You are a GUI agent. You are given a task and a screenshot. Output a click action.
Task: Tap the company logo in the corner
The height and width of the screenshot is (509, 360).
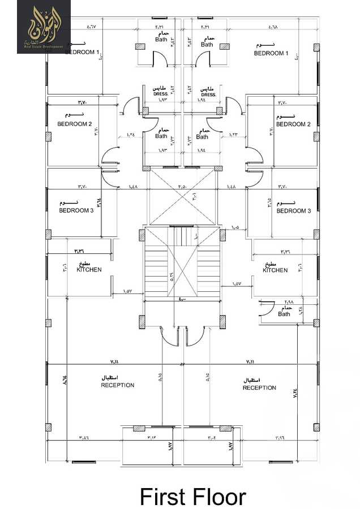(44, 27)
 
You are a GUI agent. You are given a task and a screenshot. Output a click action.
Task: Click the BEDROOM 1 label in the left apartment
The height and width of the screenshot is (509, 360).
(82, 52)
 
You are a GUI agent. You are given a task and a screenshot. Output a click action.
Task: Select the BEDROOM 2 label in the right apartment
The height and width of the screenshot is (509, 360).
(293, 124)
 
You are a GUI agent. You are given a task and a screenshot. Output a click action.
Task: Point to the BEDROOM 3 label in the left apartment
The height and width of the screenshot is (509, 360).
(76, 210)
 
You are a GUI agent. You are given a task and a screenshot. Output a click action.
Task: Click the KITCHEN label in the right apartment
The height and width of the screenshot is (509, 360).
(275, 270)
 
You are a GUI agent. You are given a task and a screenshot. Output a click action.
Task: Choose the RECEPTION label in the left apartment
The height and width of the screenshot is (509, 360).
(118, 385)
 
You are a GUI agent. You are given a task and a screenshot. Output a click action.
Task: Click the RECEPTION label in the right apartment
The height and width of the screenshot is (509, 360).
(259, 387)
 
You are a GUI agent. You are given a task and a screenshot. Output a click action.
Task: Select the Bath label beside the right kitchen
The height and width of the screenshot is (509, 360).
(284, 314)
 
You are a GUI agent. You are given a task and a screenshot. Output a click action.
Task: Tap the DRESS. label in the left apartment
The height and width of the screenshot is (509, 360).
(160, 94)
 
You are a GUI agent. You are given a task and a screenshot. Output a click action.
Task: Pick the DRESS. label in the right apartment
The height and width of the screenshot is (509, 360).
(208, 94)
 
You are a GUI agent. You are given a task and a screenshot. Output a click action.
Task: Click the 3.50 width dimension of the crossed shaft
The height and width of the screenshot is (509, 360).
(181, 187)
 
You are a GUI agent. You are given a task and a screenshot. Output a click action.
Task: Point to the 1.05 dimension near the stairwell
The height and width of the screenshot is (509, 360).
(235, 227)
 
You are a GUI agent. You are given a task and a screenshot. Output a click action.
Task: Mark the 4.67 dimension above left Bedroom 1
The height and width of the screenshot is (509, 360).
(92, 27)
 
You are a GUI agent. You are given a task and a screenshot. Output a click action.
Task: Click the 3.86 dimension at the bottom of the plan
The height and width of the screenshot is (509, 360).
(84, 437)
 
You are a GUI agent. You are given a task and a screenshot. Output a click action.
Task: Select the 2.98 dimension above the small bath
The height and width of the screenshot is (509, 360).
(288, 301)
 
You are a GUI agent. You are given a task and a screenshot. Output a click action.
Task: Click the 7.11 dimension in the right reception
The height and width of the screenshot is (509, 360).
(251, 361)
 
